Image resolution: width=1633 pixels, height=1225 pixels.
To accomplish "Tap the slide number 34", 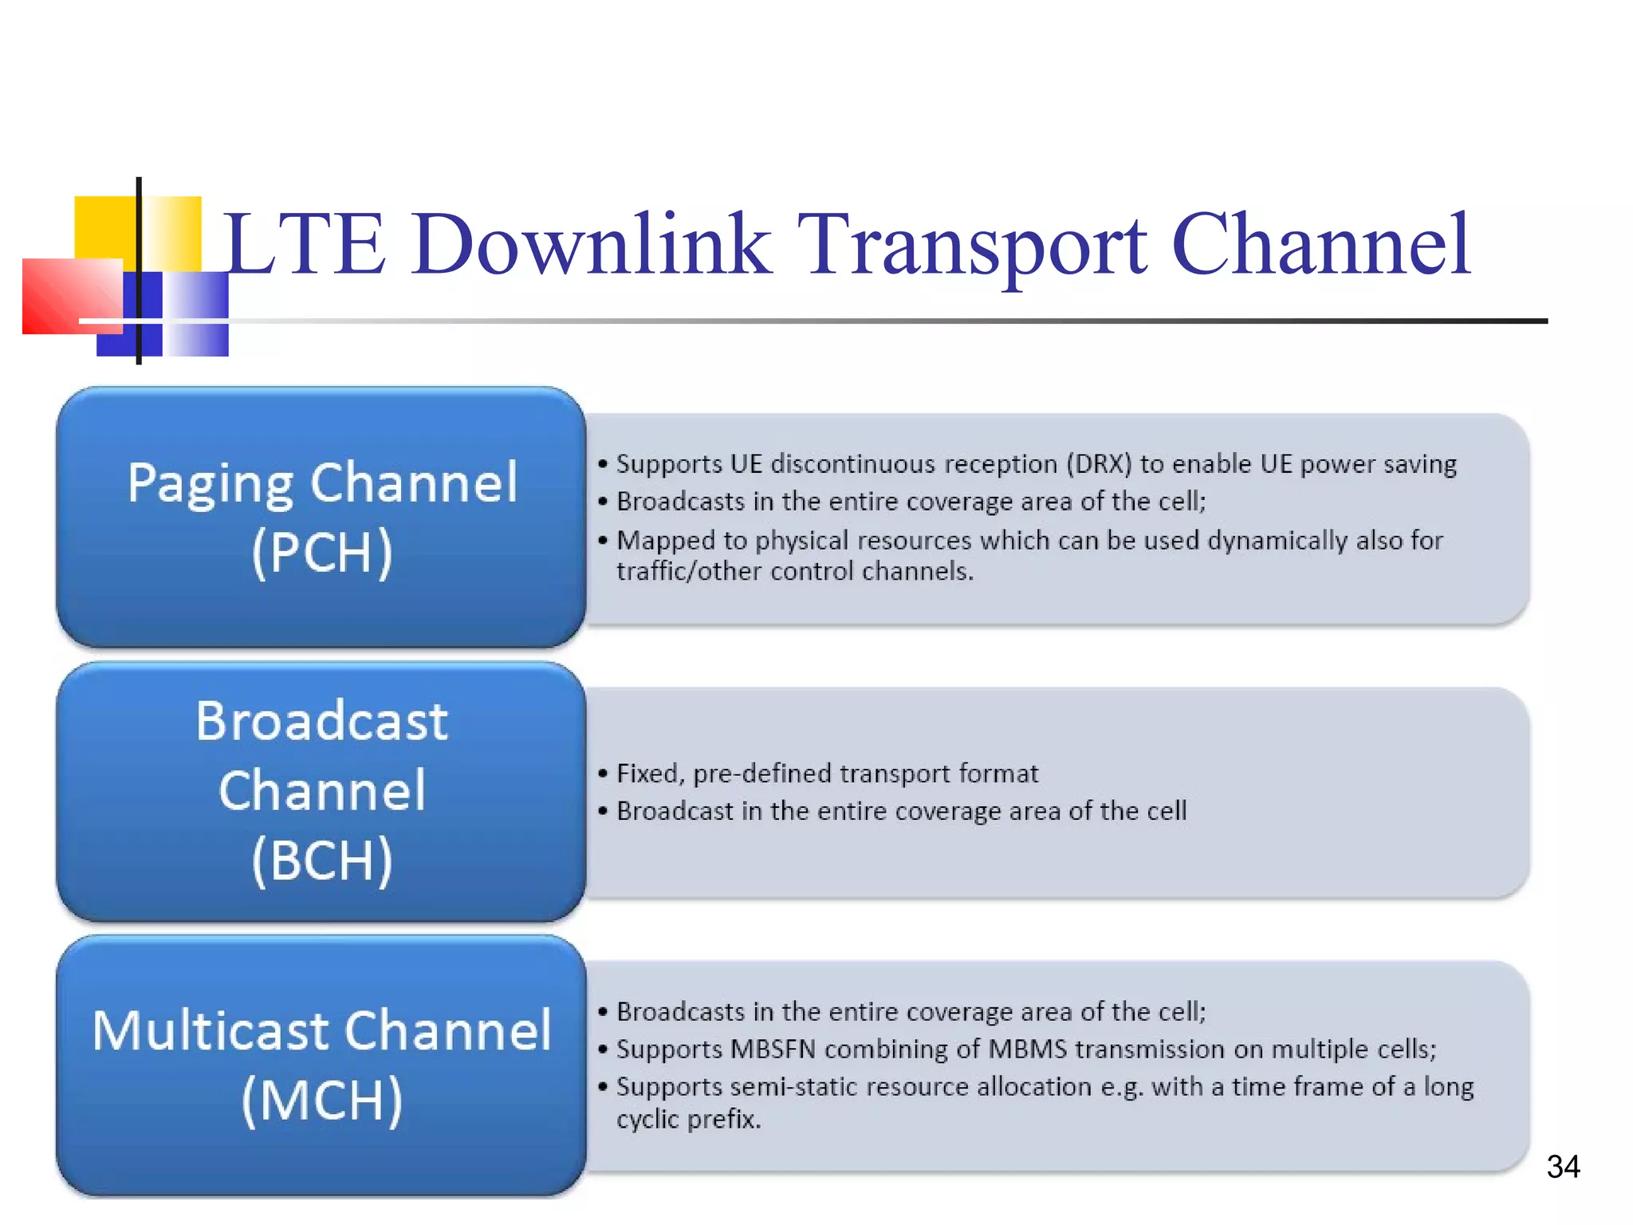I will (x=1563, y=1167).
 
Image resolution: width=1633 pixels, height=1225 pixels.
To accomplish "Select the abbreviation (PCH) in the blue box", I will (x=322, y=552).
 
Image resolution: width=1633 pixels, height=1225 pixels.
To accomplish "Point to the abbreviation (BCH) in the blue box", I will (x=322, y=860).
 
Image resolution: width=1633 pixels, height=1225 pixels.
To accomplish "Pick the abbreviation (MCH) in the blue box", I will (x=322, y=1101).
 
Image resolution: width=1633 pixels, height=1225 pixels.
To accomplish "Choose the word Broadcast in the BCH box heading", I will (x=322, y=721).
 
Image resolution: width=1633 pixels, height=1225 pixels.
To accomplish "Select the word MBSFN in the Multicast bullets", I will (x=773, y=1050).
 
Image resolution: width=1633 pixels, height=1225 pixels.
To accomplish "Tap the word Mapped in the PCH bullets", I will (x=666, y=541).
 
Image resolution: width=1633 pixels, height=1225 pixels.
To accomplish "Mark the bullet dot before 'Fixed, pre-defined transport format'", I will (x=603, y=774).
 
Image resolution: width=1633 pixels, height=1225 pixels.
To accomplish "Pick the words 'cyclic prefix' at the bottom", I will (x=688, y=1120).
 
